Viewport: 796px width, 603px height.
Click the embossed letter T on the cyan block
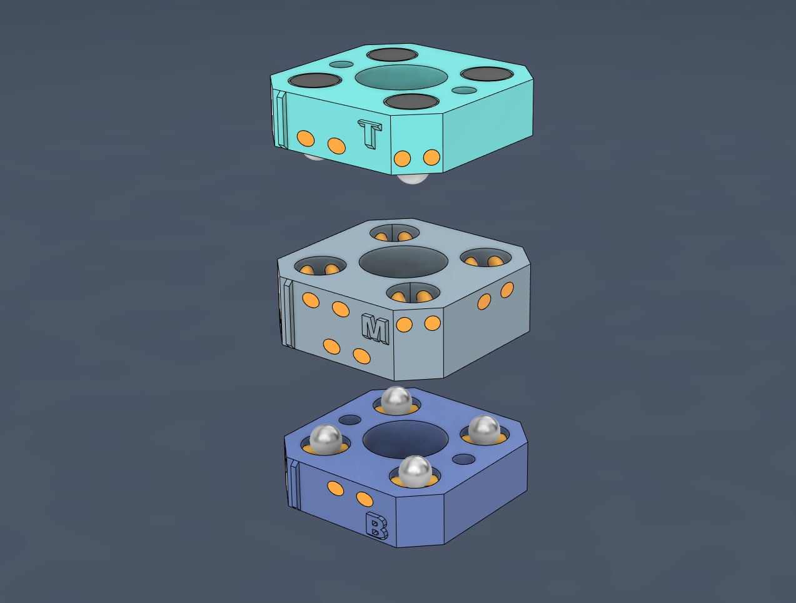[370, 133]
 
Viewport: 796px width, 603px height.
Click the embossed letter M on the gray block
[376, 329]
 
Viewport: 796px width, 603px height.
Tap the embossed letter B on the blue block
[376, 525]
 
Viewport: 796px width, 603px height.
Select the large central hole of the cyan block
[401, 77]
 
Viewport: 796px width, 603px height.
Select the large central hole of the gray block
[403, 261]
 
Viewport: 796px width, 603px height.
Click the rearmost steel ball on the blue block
[396, 400]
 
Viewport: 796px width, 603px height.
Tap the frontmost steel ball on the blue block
[415, 471]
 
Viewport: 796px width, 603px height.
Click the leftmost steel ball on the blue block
[326, 439]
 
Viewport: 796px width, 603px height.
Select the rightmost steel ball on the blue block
[484, 430]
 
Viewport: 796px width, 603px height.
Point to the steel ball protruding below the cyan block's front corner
[413, 179]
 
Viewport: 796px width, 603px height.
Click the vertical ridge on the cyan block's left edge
[281, 120]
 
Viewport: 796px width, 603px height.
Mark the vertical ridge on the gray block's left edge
[288, 313]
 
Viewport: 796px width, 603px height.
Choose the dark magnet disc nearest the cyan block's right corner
[487, 74]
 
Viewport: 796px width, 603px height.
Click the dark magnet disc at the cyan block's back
[392, 54]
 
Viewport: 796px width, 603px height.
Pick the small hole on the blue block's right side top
[463, 459]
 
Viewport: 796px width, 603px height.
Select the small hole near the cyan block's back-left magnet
[341, 64]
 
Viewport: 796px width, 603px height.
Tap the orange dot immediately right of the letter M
[404, 325]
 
